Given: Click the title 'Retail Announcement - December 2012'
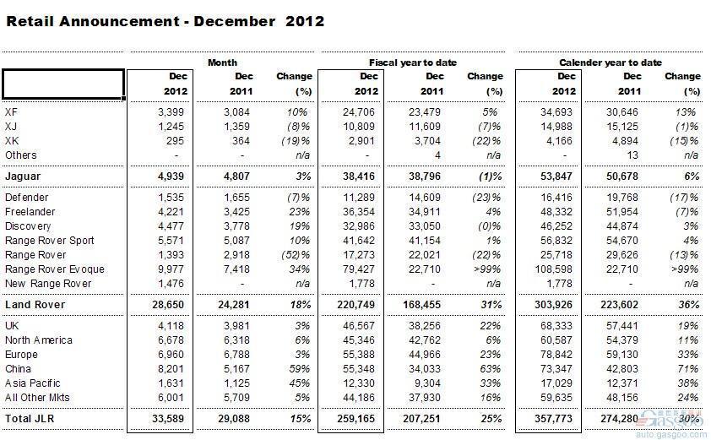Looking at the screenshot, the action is pos(165,21).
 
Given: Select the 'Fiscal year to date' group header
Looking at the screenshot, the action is pos(413,62).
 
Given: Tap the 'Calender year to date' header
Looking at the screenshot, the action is pos(611,62).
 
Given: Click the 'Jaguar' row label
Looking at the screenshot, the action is pos(23,177).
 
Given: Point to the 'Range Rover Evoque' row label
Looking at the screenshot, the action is pos(55,269).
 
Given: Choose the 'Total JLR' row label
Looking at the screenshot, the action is pos(30,419).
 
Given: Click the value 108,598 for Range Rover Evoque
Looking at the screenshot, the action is pos(554,269).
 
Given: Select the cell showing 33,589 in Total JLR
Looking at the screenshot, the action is pos(168,419).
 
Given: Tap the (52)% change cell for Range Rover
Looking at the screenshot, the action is pos(296,255).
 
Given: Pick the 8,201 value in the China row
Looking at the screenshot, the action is pos(171,369).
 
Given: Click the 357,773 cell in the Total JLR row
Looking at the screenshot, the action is pos(553,419).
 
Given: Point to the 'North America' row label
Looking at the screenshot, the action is pos(39,340).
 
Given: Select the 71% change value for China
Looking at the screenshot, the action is pos(687,369).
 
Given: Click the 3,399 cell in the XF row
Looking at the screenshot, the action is pos(171,112).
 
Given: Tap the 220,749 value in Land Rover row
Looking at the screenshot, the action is pos(356,305).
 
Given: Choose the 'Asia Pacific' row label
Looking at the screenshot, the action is pos(33,383).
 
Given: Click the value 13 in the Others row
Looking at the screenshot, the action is pos(632,155).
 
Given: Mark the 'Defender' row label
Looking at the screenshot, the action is pos(27,198).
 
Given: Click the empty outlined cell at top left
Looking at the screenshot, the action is pos(63,84).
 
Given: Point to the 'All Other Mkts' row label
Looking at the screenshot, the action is pos(38,398).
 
